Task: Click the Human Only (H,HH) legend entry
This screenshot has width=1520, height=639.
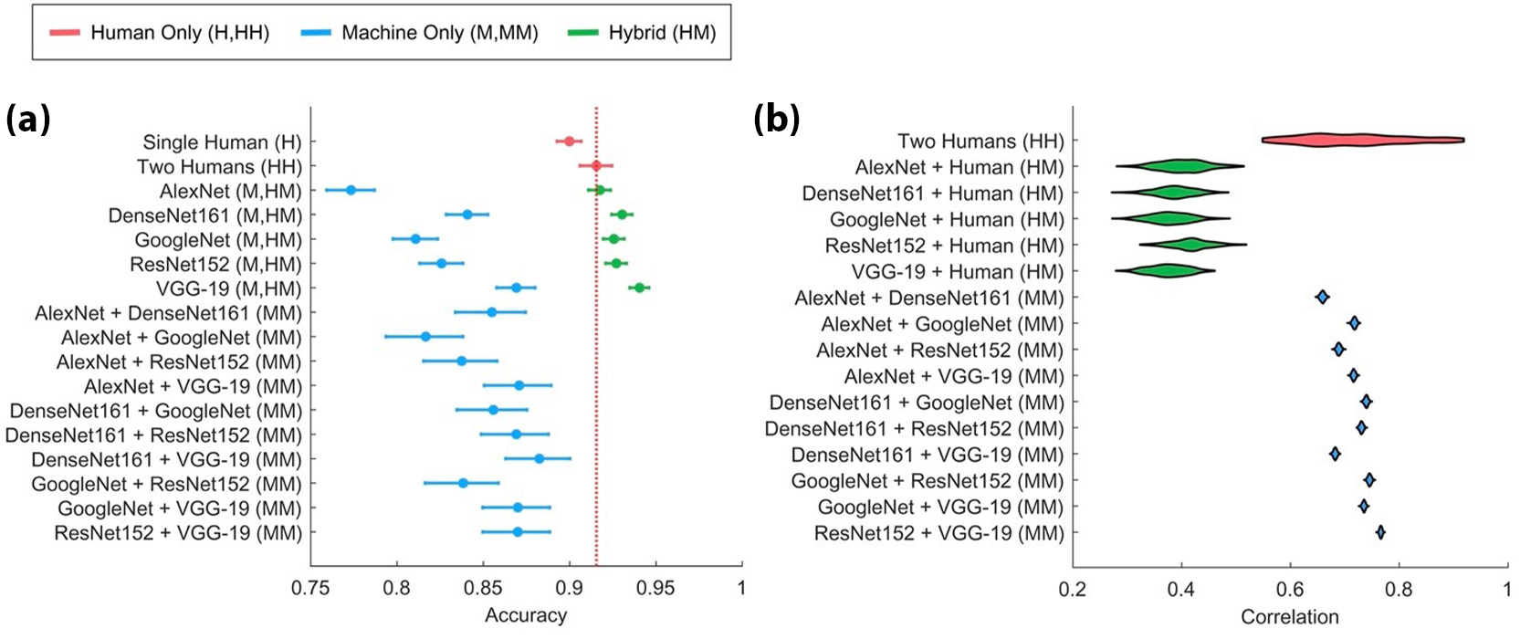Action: point(160,33)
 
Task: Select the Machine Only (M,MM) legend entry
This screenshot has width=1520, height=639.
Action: point(420,33)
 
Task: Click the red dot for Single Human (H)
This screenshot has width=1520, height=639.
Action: point(569,141)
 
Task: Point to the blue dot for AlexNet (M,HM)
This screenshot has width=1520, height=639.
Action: point(351,190)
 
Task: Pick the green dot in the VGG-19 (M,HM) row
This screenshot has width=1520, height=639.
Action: point(639,288)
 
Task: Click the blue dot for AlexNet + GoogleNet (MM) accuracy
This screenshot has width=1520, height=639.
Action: point(425,337)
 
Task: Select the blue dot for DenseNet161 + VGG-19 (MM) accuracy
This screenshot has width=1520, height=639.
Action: point(539,458)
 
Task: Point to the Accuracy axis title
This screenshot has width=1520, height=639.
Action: point(525,616)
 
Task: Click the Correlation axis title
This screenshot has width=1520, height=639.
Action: point(1289,618)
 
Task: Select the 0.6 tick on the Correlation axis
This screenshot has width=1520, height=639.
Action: point(1290,590)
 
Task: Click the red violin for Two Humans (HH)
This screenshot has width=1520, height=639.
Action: point(1360,140)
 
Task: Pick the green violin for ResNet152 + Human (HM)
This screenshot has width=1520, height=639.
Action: point(1190,244)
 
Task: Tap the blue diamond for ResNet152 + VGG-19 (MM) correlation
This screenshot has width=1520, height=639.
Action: point(1380,532)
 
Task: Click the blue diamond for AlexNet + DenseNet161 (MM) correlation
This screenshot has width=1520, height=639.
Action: point(1322,297)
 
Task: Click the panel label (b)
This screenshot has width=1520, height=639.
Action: point(776,119)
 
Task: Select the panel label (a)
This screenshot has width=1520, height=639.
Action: point(27,119)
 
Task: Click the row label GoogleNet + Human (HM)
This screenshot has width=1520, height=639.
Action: point(947,220)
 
